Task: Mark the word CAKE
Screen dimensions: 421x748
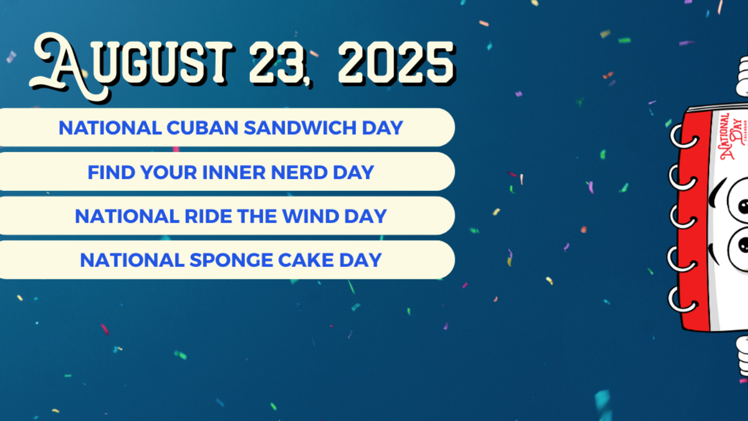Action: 302,260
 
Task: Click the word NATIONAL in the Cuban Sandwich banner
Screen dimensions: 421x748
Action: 110,128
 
